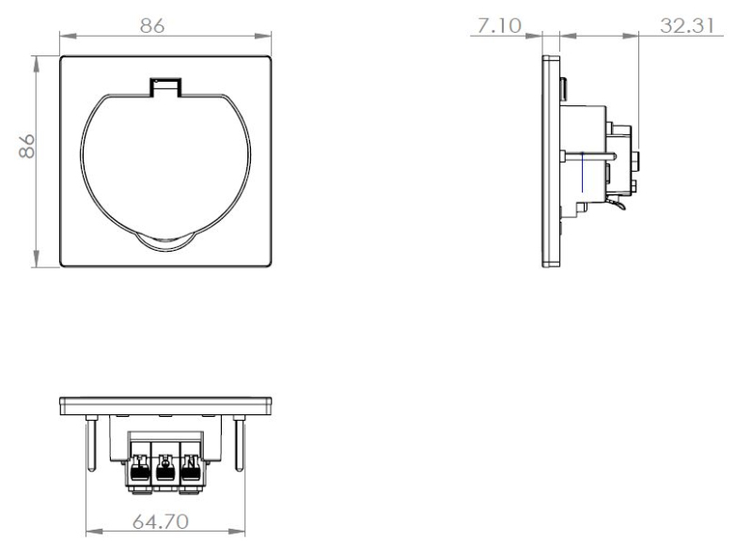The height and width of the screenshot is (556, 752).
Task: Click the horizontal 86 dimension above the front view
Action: (152, 25)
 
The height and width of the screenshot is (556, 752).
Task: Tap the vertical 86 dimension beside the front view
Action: (27, 146)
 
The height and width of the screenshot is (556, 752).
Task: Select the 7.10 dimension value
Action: (499, 26)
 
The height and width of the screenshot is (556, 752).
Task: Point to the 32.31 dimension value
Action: (687, 26)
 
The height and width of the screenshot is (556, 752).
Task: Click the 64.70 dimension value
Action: (161, 521)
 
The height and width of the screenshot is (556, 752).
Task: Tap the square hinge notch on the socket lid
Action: (165, 87)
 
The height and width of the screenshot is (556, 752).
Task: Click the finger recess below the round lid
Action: (165, 242)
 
